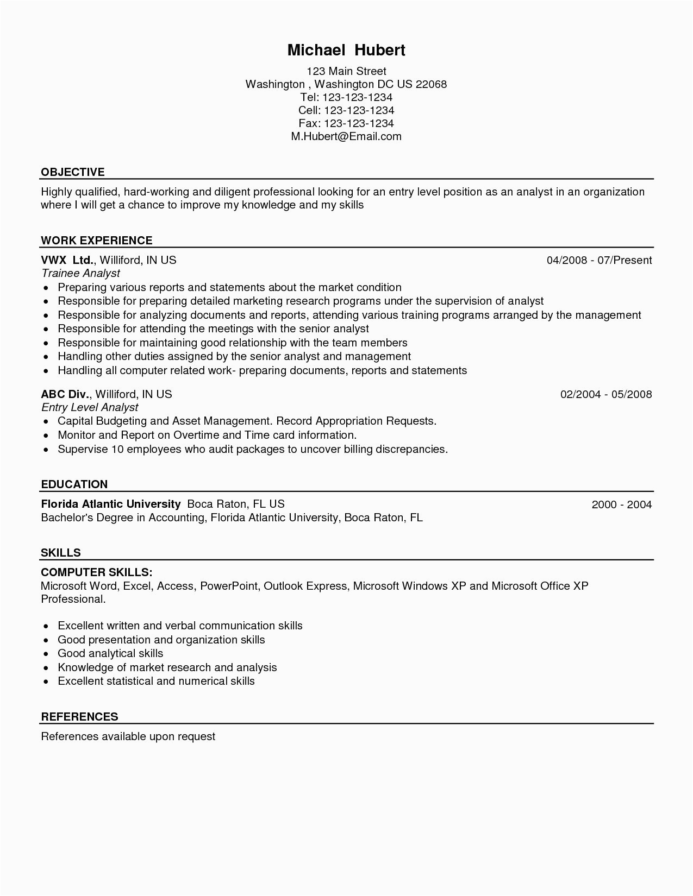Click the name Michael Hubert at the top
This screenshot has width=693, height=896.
point(346,51)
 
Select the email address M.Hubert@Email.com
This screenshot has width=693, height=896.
point(346,136)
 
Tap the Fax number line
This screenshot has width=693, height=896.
point(346,123)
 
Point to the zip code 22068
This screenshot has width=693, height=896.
point(431,84)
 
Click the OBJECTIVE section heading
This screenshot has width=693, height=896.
point(73,172)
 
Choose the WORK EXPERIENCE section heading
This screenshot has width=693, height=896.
point(97,241)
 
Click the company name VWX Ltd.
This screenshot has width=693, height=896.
point(68,260)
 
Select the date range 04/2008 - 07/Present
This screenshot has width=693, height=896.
point(599,260)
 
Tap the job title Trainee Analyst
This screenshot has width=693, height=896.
point(80,273)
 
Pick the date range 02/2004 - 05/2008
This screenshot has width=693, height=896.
point(606,394)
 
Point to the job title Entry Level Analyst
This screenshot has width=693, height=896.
point(90,407)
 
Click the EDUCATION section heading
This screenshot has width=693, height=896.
point(74,484)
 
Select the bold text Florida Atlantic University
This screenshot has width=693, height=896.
point(111,504)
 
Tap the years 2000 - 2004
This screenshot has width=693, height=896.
point(621,504)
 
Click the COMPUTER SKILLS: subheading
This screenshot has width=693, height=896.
point(97,572)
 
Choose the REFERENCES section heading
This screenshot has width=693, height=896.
point(79,717)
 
